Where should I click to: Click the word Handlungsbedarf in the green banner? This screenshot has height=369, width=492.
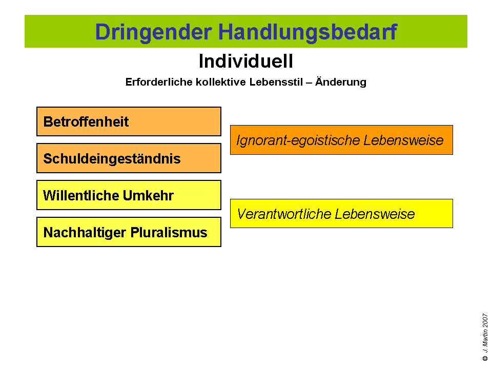308,32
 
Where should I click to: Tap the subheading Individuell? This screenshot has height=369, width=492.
246,61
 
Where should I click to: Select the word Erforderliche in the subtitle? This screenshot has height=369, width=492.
159,82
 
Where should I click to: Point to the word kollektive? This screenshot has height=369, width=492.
221,82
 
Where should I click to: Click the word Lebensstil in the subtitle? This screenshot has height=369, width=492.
276,82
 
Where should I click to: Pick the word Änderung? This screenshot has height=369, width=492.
341,81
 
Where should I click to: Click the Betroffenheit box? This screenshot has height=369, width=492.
129,121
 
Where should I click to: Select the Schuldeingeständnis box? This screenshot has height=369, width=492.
129,158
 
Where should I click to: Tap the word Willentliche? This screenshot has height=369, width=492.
81,195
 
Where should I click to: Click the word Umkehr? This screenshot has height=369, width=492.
148,195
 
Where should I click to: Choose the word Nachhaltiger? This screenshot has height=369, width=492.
85,233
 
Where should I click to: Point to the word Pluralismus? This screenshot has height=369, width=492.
169,233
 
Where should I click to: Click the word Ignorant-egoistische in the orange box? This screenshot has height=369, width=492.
298,140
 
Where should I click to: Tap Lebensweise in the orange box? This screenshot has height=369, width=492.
403,140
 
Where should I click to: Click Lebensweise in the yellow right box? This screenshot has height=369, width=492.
375,214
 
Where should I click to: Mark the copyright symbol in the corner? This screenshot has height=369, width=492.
485,358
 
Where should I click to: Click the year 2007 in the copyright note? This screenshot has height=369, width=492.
485,321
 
